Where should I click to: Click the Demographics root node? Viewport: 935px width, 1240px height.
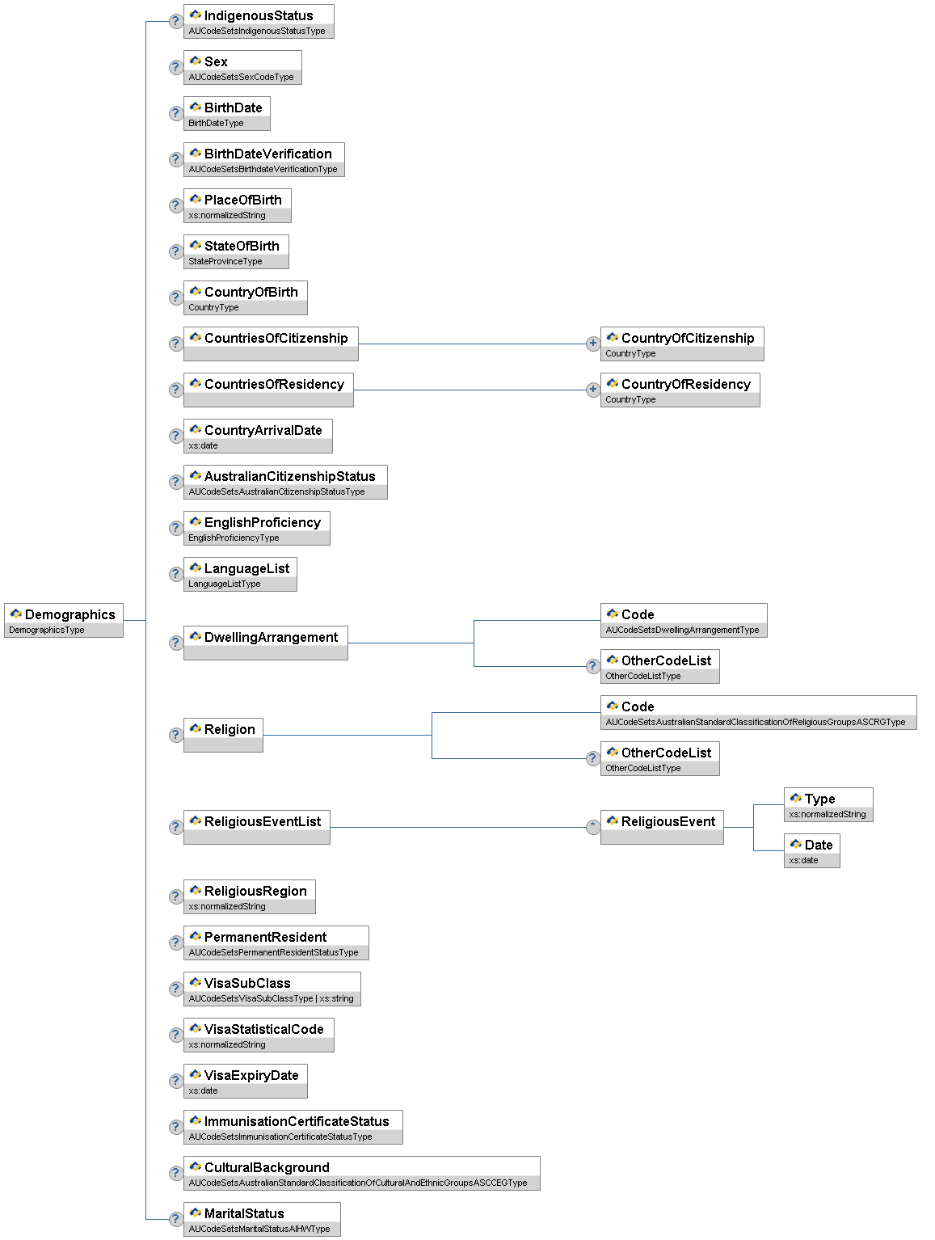[64, 620]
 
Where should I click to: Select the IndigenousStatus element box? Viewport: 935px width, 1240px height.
[259, 21]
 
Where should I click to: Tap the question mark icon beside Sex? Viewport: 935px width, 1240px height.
[175, 67]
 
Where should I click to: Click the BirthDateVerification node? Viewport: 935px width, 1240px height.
[263, 159]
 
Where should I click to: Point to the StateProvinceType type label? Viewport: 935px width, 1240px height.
[225, 261]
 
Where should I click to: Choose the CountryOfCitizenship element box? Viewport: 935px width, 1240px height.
[682, 344]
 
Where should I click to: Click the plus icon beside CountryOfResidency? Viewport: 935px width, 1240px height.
[592, 390]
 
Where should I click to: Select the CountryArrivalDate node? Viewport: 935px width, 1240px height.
[258, 436]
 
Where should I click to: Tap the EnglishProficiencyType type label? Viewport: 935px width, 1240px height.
[234, 538]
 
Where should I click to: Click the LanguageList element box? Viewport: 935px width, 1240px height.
[240, 574]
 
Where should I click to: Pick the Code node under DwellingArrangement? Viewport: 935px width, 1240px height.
[684, 620]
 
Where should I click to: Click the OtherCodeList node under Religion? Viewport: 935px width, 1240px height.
[659, 758]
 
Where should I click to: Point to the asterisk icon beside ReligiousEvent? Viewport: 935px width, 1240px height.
[592, 827]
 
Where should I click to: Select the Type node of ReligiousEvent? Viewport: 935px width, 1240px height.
[828, 804]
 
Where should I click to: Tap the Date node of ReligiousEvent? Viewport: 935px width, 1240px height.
[811, 850]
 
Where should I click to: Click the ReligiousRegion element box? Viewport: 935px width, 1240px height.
[249, 896]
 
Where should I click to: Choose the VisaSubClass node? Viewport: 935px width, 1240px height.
[272, 989]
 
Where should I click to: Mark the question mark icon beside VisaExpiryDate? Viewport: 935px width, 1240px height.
[175, 1081]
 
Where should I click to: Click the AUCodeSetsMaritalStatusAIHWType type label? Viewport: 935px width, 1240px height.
[259, 1229]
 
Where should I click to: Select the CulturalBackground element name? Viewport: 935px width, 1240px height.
[267, 1167]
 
